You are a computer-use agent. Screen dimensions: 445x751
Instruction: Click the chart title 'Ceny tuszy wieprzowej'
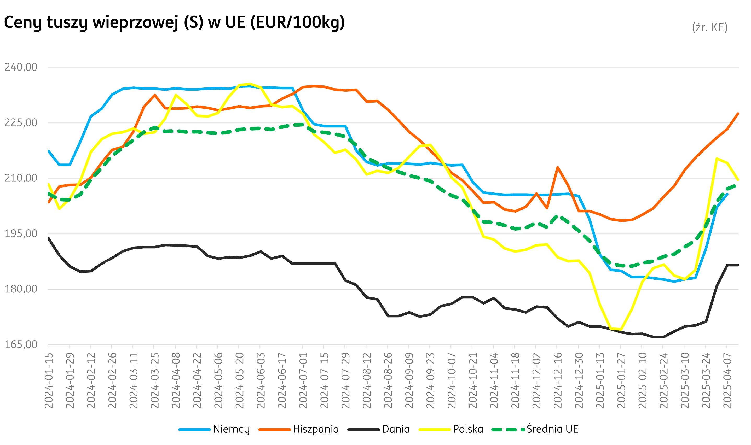click(x=174, y=22)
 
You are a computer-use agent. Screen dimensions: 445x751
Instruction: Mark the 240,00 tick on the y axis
click(x=21, y=67)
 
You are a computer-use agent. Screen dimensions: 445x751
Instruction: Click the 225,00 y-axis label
click(x=21, y=123)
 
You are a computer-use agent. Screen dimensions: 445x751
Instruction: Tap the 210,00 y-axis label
click(x=21, y=178)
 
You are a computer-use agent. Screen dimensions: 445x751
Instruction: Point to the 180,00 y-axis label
click(x=21, y=289)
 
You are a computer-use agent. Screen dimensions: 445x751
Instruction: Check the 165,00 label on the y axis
click(x=21, y=344)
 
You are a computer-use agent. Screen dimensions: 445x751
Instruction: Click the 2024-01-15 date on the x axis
click(x=49, y=380)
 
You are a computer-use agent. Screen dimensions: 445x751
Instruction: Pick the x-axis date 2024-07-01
click(x=303, y=380)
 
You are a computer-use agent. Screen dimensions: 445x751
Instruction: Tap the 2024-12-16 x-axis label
click(x=557, y=380)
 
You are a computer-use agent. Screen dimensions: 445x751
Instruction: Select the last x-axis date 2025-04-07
click(x=727, y=380)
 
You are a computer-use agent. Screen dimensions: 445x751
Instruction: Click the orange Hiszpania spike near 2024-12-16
click(x=557, y=168)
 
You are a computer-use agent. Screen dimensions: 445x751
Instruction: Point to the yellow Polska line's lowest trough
click(x=616, y=329)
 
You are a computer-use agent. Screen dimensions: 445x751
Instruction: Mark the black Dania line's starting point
click(x=49, y=238)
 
